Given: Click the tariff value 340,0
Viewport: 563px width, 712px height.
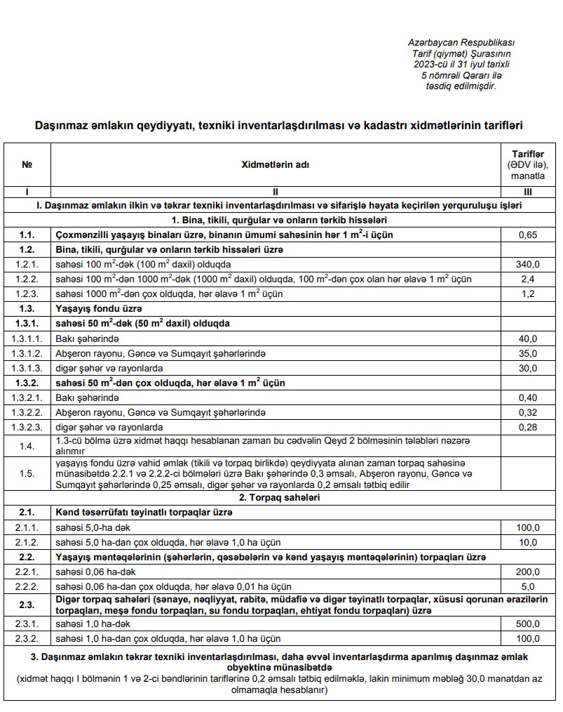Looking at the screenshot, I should (528, 264).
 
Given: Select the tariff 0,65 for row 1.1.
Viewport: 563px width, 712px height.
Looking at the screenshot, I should (528, 235).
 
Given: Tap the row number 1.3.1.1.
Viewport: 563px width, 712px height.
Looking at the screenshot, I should (27, 338).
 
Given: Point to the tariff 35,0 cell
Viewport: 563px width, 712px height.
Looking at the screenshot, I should (528, 353).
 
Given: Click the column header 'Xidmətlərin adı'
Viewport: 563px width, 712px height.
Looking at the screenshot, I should (275, 165).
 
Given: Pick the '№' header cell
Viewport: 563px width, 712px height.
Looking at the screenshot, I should (27, 165).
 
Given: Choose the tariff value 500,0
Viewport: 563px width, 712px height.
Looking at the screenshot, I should (528, 624).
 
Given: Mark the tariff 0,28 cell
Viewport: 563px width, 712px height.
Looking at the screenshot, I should (528, 427).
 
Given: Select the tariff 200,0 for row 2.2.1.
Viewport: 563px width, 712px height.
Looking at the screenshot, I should (528, 572).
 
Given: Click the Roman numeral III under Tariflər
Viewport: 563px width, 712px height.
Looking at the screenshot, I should (528, 191).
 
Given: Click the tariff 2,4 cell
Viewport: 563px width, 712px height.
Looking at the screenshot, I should (528, 279).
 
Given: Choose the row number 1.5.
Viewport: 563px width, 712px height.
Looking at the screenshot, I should (27, 474).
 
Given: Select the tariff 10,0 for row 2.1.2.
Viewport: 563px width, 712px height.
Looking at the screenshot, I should (528, 542).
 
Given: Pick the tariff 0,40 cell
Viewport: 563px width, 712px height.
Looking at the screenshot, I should (528, 397).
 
